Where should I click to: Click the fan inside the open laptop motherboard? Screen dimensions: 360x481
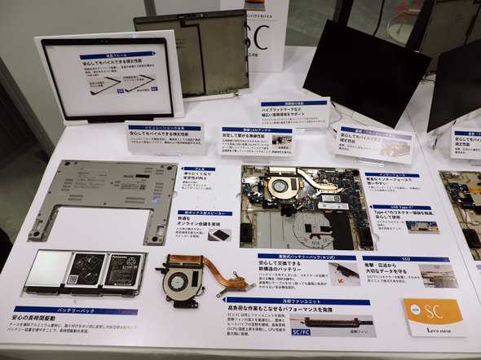pyautogui.click(x=280, y=186)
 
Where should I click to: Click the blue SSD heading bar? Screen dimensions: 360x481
pyautogui.click(x=405, y=259)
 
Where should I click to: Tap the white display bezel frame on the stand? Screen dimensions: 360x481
pyautogui.click(x=109, y=79)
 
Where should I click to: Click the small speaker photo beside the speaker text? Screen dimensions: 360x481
pyautogui.click(x=218, y=235)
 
